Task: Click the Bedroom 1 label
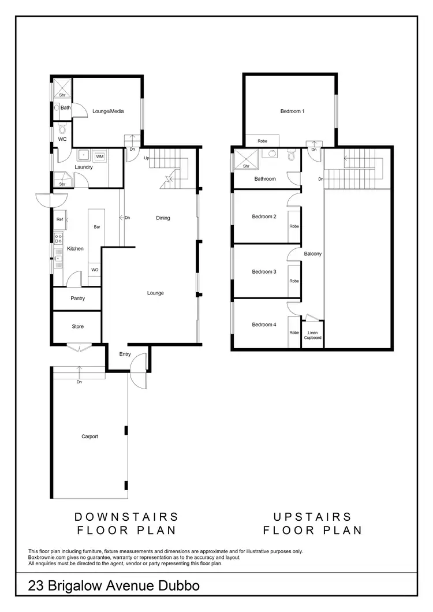coord(292,111)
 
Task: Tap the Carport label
coord(89,436)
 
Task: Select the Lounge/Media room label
coord(108,111)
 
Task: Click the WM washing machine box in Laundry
coord(99,156)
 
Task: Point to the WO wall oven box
coord(95,270)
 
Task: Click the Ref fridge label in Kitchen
coord(59,219)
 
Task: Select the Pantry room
coord(78,298)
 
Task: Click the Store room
coord(78,326)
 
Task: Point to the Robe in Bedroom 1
coord(262,140)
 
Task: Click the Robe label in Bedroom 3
coord(294,281)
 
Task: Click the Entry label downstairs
coord(125,354)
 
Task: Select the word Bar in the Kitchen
coord(97,227)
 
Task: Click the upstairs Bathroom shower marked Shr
coord(245,165)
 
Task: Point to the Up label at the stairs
coord(147,158)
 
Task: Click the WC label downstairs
coord(62,139)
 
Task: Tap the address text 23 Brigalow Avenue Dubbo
coord(114,586)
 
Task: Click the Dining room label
coord(163,218)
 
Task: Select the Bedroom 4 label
coord(264,324)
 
